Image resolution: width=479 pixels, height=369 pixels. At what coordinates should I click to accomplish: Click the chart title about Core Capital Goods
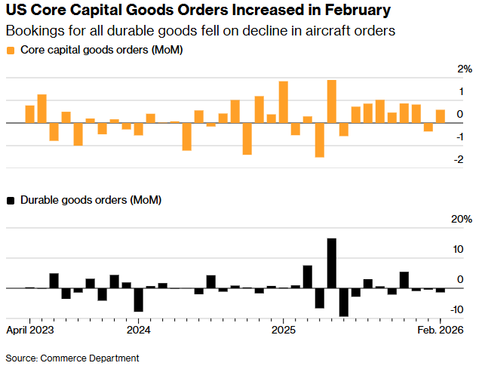pyautogui.click(x=198, y=11)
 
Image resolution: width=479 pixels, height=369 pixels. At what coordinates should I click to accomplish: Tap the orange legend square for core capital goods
pyautogui.click(x=10, y=50)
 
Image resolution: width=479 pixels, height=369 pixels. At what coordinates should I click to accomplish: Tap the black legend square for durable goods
pyautogui.click(x=10, y=200)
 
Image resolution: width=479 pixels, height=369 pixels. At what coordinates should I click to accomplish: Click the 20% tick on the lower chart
pyautogui.click(x=461, y=220)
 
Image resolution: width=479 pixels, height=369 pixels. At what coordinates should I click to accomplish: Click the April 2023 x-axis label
pyautogui.click(x=30, y=330)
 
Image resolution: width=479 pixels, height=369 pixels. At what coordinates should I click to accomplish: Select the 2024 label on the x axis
pyautogui.click(x=139, y=330)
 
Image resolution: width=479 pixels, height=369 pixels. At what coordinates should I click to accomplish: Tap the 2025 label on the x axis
pyautogui.click(x=283, y=330)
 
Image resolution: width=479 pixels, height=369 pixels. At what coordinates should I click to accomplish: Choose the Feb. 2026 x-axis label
pyautogui.click(x=441, y=330)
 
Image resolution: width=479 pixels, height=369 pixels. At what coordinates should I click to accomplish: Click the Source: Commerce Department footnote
pyautogui.click(x=72, y=357)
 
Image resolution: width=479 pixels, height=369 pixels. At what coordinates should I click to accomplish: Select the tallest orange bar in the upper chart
pyautogui.click(x=331, y=101)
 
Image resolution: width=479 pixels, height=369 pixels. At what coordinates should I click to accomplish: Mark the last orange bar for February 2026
pyautogui.click(x=440, y=116)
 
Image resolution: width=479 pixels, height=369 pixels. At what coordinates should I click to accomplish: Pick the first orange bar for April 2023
pyautogui.click(x=30, y=114)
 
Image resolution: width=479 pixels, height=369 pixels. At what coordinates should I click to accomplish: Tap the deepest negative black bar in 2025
pyautogui.click(x=343, y=302)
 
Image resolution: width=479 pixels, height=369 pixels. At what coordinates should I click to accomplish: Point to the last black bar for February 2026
pyautogui.click(x=440, y=291)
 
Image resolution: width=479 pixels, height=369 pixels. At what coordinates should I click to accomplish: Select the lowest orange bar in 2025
pyautogui.click(x=319, y=140)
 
